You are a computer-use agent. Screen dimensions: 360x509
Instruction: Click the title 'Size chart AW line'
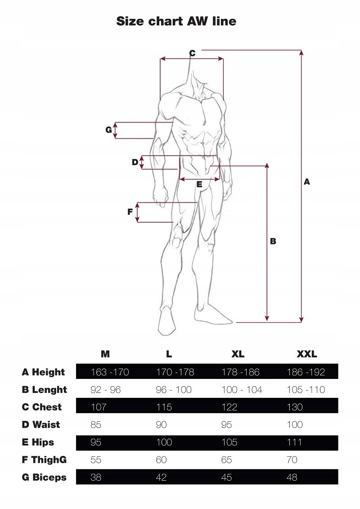(x=176, y=21)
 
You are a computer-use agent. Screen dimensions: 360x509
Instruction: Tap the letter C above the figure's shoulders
(x=192, y=53)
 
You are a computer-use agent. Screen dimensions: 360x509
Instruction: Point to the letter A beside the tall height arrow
(x=307, y=182)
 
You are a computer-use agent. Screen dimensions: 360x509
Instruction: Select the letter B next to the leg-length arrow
(x=273, y=241)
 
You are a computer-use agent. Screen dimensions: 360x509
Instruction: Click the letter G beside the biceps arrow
(x=108, y=130)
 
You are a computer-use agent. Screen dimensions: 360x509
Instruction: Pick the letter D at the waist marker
(x=135, y=162)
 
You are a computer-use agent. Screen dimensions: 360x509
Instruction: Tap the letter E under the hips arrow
(x=199, y=184)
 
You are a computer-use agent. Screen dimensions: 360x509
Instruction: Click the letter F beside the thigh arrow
(x=130, y=212)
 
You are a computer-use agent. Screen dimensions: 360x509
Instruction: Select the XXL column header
(x=306, y=354)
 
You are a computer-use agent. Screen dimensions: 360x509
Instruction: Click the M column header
(x=105, y=354)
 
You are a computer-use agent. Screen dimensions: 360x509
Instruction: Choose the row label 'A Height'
(x=43, y=372)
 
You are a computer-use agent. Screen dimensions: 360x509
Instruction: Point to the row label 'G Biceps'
(x=44, y=477)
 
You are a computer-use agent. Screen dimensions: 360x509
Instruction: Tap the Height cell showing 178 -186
(x=241, y=372)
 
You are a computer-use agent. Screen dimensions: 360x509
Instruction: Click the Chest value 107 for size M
(x=99, y=407)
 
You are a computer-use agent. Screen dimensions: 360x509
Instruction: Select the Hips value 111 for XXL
(x=294, y=442)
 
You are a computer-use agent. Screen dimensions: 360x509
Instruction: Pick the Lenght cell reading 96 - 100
(x=174, y=390)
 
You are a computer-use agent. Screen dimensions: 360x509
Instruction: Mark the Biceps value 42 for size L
(x=161, y=477)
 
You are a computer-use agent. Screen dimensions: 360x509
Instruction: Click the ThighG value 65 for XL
(x=227, y=459)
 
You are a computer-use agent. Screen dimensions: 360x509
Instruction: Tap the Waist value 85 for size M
(x=96, y=424)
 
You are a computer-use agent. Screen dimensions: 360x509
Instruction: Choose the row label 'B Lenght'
(x=44, y=390)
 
